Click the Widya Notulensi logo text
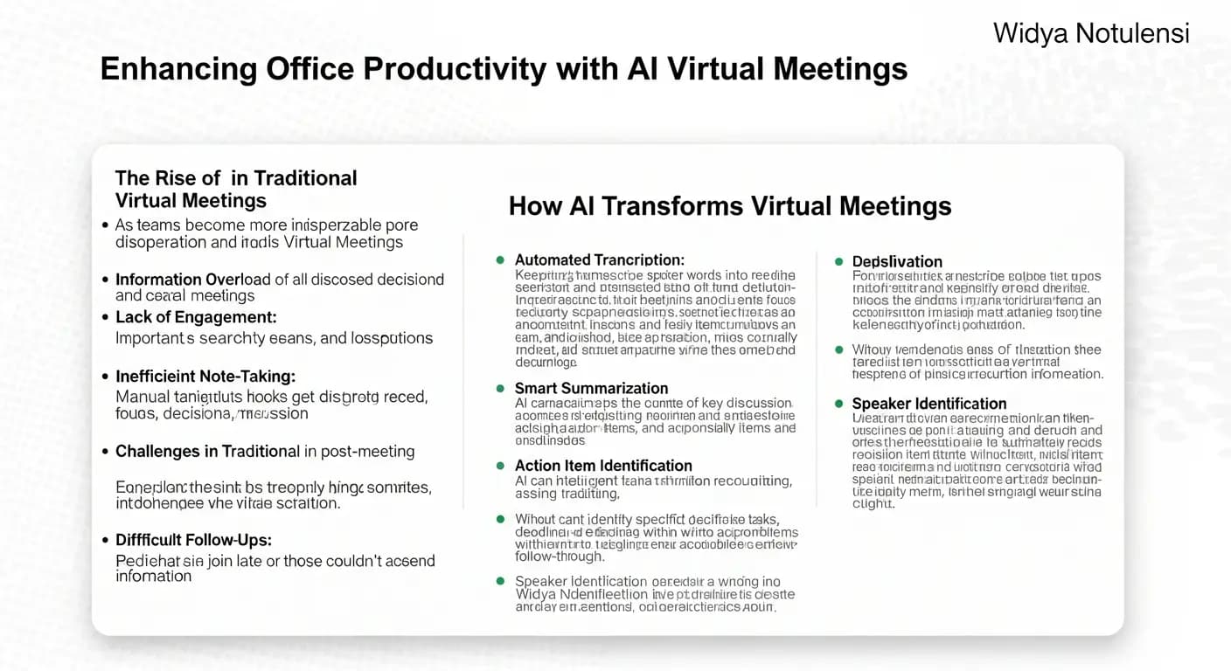pos(1091,34)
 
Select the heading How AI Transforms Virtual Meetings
pos(730,206)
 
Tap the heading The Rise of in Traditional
pos(236,178)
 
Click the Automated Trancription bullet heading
pos(599,260)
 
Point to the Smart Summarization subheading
pos(591,388)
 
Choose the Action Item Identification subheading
pos(603,466)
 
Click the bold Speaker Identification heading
pos(929,404)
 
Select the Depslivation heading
pos(897,261)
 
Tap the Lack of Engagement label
pos(196,317)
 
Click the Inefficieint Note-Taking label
pos(205,377)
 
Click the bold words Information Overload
pos(193,280)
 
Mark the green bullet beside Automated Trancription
pos(500,260)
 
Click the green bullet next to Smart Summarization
pos(500,388)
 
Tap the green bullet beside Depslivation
pos(838,261)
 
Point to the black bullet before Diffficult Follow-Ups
pos(105,540)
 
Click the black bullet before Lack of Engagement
pos(105,317)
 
